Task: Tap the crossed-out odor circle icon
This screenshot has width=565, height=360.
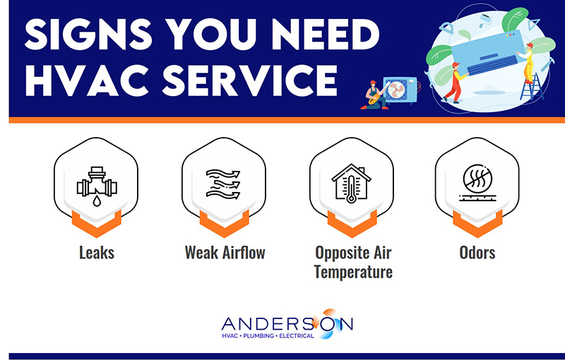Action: (x=477, y=184)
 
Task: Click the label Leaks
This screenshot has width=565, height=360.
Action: (x=95, y=252)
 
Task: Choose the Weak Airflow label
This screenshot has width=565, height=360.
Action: (x=225, y=252)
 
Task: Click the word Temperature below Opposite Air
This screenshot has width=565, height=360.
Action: (x=353, y=271)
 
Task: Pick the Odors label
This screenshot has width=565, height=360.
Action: (x=477, y=252)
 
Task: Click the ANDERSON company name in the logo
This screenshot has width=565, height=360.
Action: (x=286, y=323)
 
